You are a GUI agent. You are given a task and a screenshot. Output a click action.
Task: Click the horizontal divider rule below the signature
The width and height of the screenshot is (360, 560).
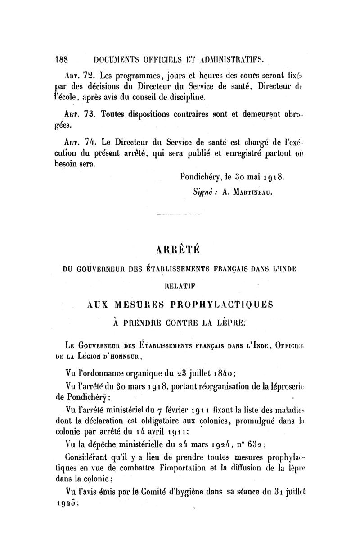point(179,216)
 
